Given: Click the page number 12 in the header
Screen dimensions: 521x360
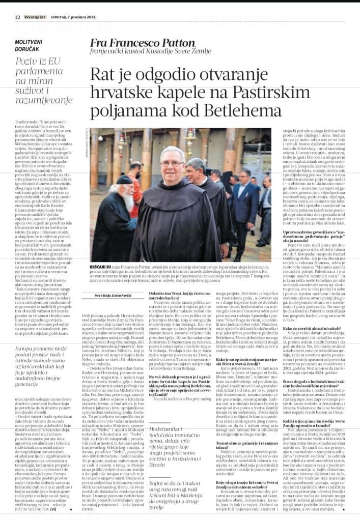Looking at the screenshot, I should click(x=17, y=16).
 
